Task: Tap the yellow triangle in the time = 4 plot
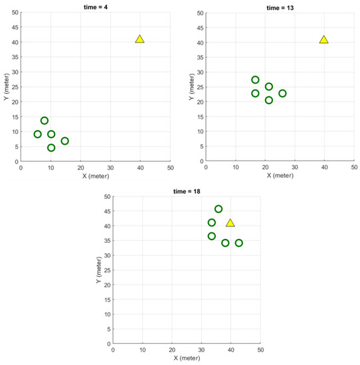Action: coord(139,39)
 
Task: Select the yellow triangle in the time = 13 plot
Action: coord(324,39)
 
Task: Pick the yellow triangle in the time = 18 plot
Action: coord(230,223)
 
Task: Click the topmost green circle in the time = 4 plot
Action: coord(45,121)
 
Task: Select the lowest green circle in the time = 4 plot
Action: coord(51,148)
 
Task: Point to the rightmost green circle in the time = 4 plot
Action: coord(64,141)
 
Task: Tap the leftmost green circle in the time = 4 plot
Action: coord(38,134)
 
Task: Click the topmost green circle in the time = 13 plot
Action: coord(255,80)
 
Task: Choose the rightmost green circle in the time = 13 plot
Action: coord(282,94)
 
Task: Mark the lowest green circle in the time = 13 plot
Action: coord(269,100)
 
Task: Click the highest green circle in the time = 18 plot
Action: coord(219,209)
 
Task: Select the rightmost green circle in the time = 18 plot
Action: coord(239,243)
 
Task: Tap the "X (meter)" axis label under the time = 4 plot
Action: coord(96,175)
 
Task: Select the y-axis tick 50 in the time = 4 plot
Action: coord(14,13)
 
